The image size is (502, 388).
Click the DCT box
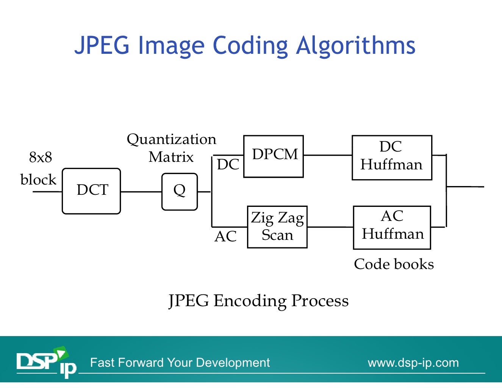tap(91, 191)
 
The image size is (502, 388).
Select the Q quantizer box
tap(180, 192)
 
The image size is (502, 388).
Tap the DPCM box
tap(274, 156)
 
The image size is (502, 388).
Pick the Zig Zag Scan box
tap(277, 227)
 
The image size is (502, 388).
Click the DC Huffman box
tap(392, 157)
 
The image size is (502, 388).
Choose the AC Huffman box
tap(392, 227)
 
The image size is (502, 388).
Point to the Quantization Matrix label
tap(171, 148)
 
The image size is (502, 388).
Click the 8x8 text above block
tap(41, 157)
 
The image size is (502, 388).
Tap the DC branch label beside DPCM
tap(228, 165)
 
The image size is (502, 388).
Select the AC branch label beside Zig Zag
tap(225, 236)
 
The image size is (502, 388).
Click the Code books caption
tap(394, 264)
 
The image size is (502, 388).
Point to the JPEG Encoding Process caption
tap(258, 301)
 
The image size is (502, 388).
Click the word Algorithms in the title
tap(356, 45)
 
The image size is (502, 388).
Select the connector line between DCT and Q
tap(141, 192)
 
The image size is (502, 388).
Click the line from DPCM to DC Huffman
tap(328, 155)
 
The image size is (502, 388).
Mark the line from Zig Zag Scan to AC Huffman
tap(330, 227)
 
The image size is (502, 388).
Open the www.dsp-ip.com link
tap(413, 363)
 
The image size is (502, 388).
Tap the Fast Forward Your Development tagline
tap(180, 363)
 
